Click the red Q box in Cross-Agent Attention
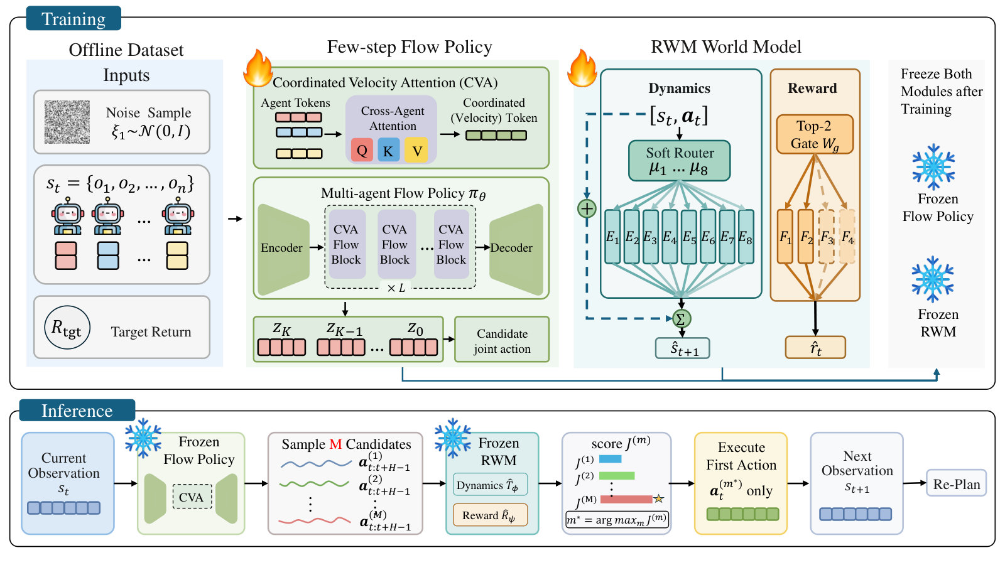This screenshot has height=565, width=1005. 362,150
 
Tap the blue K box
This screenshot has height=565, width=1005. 389,150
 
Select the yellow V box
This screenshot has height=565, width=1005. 416,150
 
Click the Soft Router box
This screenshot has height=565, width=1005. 679,161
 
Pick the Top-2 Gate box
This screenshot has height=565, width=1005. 814,134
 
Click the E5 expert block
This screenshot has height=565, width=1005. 688,236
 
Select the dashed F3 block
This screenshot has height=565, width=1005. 827,236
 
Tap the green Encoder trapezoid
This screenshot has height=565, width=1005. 283,249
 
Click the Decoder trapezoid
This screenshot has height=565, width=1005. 516,249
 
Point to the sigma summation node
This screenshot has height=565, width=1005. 681,319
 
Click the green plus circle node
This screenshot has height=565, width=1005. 587,208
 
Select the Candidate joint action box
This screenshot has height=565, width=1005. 502,340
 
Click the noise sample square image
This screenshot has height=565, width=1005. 67,122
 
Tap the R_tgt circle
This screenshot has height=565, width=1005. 67,328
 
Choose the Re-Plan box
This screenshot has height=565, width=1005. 956,483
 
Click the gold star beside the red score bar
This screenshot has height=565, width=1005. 659,498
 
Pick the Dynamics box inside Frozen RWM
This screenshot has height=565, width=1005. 490,485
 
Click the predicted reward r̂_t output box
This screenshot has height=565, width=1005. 815,348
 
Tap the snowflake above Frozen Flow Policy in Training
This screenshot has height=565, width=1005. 933,167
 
